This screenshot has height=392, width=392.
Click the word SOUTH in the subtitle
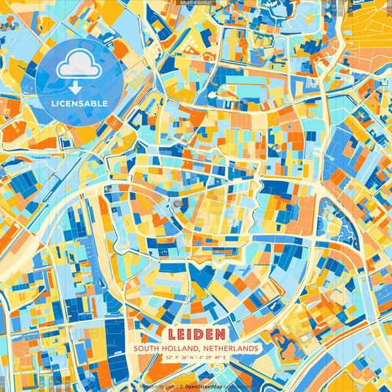146,347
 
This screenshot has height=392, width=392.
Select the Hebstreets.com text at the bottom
157,385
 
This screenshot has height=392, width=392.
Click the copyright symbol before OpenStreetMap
181,385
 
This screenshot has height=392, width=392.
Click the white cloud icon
79,65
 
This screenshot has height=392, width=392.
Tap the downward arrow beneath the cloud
79,86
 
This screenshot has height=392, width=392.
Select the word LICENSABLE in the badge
79,103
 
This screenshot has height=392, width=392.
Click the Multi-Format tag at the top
196,3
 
